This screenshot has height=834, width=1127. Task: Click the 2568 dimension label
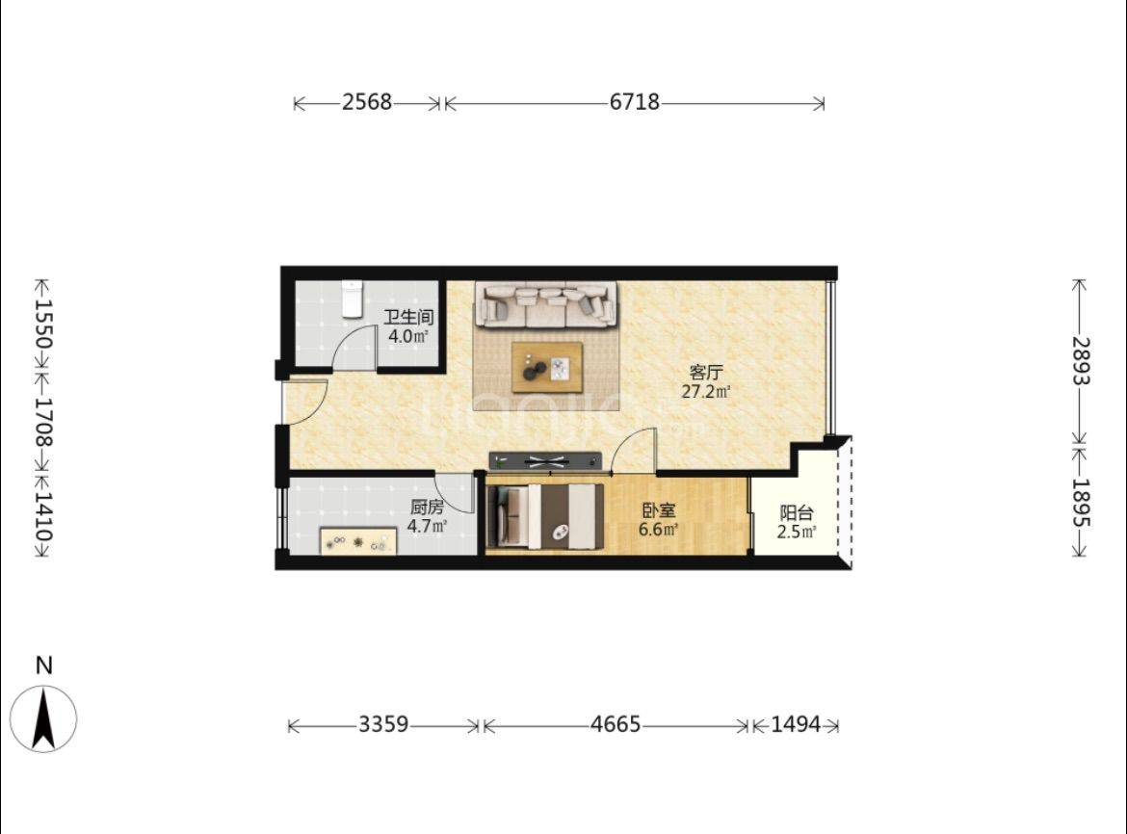point(367,102)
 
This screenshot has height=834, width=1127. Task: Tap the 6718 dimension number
point(635,102)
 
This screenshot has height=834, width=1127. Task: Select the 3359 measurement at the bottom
point(383,724)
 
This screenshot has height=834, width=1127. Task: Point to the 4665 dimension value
point(616,724)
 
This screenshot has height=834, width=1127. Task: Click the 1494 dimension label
point(796,724)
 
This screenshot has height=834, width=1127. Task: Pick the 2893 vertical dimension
point(1081,360)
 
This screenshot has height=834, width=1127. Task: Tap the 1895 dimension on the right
point(1081,503)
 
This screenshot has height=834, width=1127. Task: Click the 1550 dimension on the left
point(43,324)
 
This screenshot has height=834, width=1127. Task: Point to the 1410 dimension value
point(43,516)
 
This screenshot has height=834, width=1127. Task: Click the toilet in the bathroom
point(352,299)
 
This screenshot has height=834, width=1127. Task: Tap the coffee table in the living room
point(547,367)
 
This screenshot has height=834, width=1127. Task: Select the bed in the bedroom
point(544,516)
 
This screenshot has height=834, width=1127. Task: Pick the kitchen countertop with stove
point(358,541)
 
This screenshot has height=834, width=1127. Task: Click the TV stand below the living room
point(545,460)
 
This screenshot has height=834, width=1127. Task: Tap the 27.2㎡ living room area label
point(706,392)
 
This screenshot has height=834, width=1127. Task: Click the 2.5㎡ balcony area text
point(797,532)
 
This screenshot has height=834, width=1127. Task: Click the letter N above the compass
point(44,665)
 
